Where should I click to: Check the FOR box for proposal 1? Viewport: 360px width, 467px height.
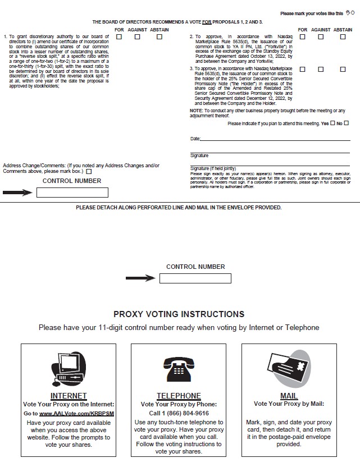(119, 37)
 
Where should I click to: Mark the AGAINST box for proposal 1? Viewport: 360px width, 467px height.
(138, 37)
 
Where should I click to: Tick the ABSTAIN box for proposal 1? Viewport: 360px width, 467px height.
(160, 37)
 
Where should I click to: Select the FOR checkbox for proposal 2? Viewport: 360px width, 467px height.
(302, 37)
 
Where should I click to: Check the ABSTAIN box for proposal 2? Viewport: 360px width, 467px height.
(343, 37)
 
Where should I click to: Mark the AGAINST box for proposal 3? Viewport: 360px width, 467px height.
(321, 70)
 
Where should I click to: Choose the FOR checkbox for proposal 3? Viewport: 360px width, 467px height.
(302, 70)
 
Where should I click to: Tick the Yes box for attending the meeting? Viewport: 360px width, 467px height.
(333, 123)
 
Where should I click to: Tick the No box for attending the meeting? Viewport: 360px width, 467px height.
(347, 123)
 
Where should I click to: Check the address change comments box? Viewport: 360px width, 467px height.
(89, 171)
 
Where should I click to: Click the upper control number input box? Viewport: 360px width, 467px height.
(72, 193)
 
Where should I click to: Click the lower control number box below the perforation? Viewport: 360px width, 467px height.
(195, 278)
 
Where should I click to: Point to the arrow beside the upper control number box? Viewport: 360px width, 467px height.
(17, 193)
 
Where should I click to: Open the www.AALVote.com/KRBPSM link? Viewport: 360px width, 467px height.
(76, 413)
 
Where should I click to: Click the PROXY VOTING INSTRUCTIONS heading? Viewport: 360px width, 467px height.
(179, 314)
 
